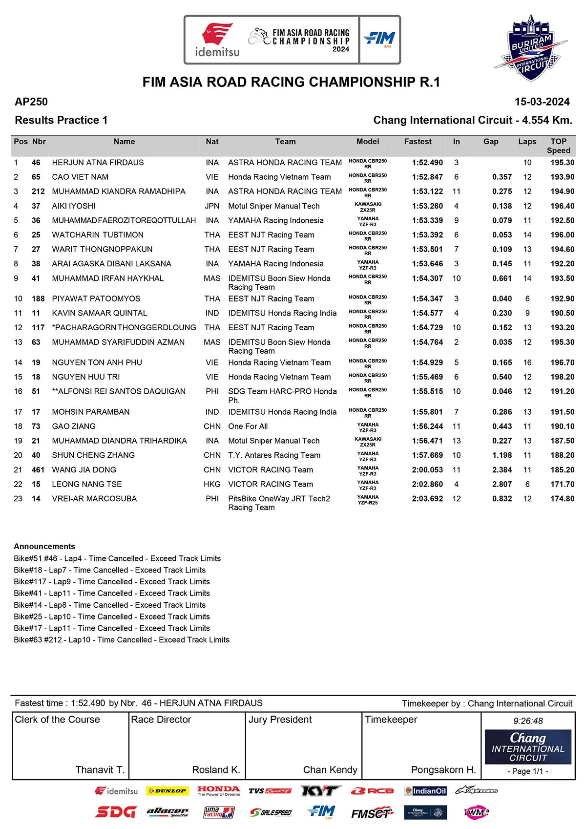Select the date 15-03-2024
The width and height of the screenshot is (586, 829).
pyautogui.click(x=542, y=102)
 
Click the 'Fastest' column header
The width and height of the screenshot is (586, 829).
pyautogui.click(x=418, y=142)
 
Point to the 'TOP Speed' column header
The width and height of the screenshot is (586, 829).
pyautogui.click(x=558, y=146)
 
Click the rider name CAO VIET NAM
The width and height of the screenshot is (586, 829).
pyautogui.click(x=80, y=177)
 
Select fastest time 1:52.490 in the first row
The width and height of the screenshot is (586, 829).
pyautogui.click(x=427, y=163)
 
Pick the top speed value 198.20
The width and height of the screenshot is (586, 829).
pyautogui.click(x=562, y=377)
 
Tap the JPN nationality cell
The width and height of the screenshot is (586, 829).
pyautogui.click(x=212, y=206)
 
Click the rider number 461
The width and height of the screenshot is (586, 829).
pyautogui.click(x=38, y=470)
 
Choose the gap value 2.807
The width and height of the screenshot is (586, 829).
pyautogui.click(x=502, y=484)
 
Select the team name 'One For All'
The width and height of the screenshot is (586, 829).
pyautogui.click(x=248, y=426)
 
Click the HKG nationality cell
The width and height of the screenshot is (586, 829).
pyautogui.click(x=212, y=484)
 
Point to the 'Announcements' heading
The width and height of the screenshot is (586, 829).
pyautogui.click(x=44, y=546)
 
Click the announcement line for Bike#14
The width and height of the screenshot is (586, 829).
pyautogui.click(x=109, y=605)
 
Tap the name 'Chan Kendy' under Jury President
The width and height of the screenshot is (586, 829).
pyautogui.click(x=330, y=770)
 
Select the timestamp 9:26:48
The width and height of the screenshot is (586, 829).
pyautogui.click(x=528, y=721)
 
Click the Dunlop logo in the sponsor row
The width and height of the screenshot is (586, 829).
pyautogui.click(x=167, y=791)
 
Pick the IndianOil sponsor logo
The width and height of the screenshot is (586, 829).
pyautogui.click(x=425, y=791)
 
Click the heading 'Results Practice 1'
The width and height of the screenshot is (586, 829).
pyautogui.click(x=61, y=120)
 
